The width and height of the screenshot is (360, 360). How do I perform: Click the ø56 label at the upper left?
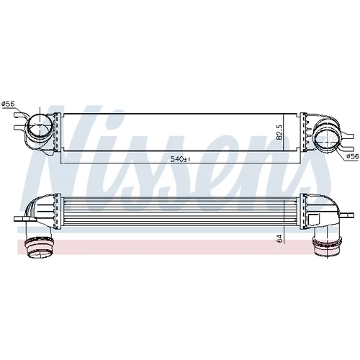[8, 104]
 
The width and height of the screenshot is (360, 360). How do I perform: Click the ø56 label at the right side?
[353, 156]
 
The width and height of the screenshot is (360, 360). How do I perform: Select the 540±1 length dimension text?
[180, 159]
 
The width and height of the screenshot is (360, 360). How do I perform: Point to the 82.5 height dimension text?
[279, 132]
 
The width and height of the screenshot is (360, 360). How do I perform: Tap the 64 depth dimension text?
[279, 238]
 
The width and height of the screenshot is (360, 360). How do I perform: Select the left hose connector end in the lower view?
[40, 248]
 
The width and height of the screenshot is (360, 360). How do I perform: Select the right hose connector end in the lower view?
[326, 246]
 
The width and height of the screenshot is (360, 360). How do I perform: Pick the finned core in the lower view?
[181, 212]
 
